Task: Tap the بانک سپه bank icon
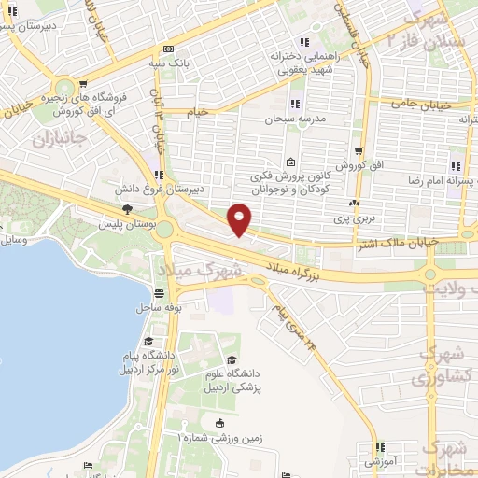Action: [x=167, y=50]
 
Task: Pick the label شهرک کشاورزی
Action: [x=436, y=368]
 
